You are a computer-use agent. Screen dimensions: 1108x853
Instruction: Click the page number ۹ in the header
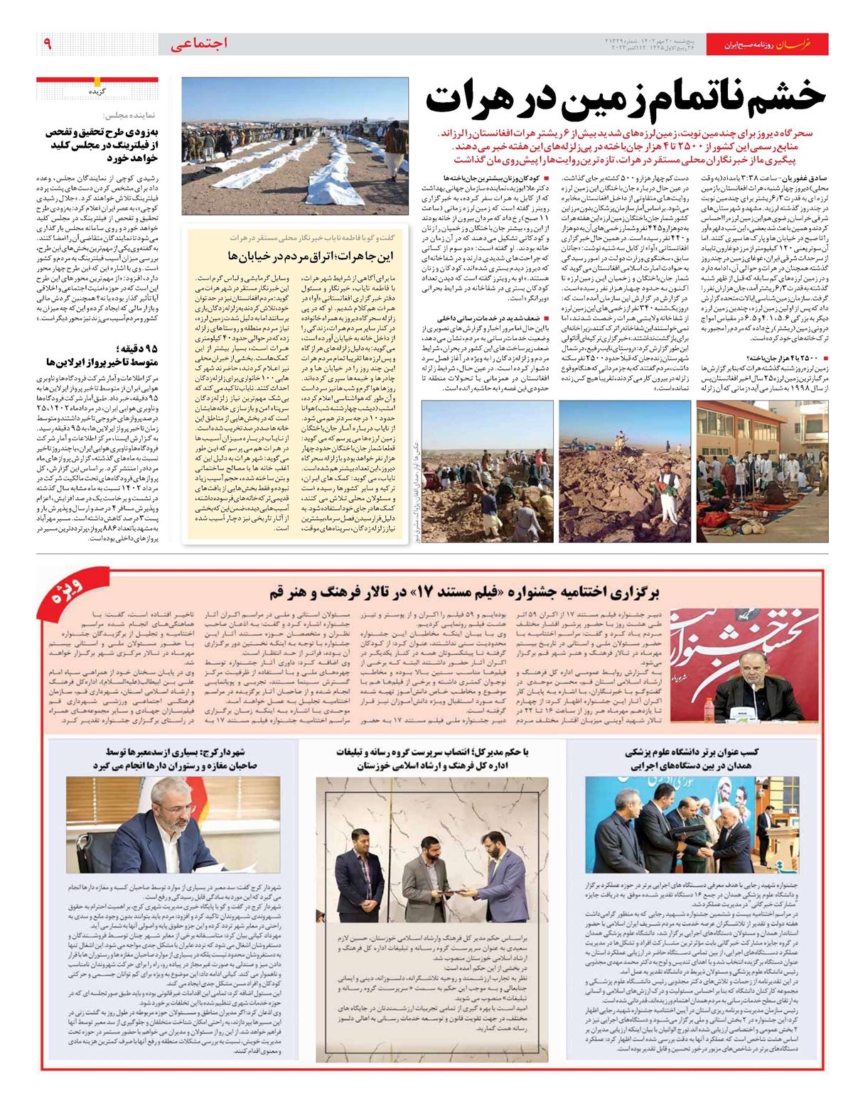pos(47,44)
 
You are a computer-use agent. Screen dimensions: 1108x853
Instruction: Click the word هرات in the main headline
pos(474,99)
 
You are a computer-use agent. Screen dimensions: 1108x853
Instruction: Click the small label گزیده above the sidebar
pos(98,92)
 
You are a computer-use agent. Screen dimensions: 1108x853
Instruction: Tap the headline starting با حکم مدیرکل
pos(432,759)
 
